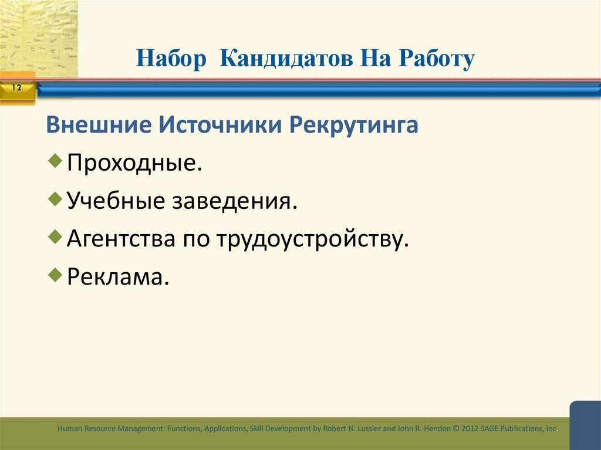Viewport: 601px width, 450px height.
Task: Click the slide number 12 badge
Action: coord(16,89)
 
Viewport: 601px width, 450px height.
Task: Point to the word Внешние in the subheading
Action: coord(97,125)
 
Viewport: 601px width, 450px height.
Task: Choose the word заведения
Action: coord(234,202)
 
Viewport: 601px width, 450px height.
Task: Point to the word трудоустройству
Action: coord(312,239)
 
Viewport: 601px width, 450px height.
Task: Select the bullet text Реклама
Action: coord(118,277)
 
